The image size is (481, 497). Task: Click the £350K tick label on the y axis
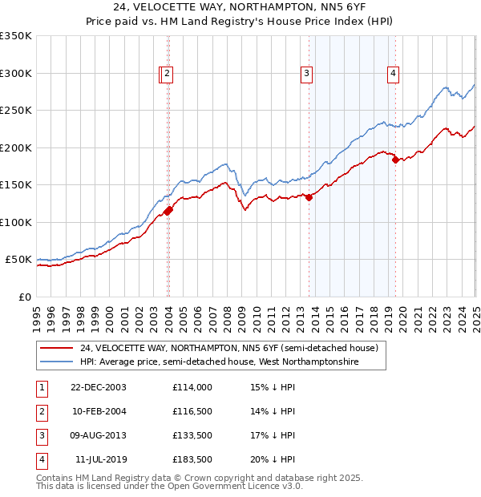point(16,36)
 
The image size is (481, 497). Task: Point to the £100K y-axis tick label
point(16,222)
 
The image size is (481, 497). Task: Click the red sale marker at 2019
point(395,160)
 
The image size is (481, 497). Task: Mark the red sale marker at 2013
point(309,197)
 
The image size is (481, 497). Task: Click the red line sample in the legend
point(56,348)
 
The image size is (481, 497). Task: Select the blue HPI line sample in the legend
point(56,362)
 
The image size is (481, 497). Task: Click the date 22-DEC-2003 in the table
point(98,386)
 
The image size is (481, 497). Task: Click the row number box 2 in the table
point(41,411)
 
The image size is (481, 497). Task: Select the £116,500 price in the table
point(192,411)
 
